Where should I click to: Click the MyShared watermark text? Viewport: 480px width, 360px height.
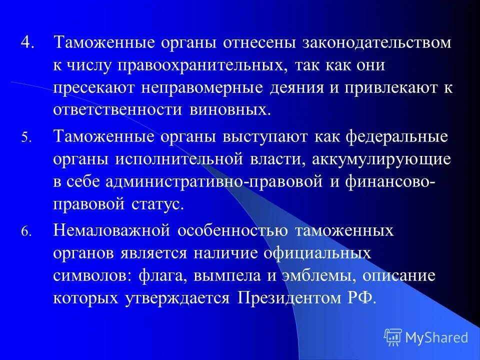pyautogui.click(x=436, y=337)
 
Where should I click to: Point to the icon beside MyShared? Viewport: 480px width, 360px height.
pyautogui.click(x=393, y=336)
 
